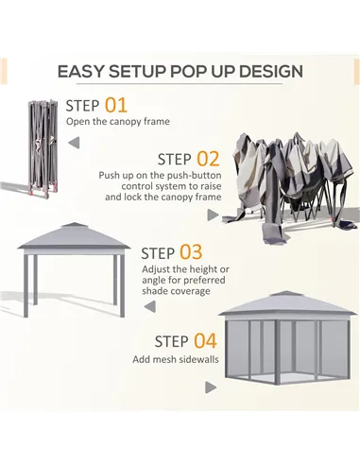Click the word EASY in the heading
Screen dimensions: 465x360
pyautogui.click(x=82, y=72)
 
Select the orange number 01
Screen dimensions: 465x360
pyautogui.click(x=115, y=106)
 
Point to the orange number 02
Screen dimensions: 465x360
pyautogui.click(x=207, y=159)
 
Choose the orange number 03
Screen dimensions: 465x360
pyautogui.click(x=191, y=251)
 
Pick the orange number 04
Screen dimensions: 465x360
pyautogui.click(x=205, y=340)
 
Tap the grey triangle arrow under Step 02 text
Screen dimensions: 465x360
pyautogui.click(x=213, y=215)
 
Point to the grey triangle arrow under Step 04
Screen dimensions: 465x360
pyautogui.click(x=210, y=387)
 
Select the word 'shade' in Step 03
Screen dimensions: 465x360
pyautogui.click(x=159, y=291)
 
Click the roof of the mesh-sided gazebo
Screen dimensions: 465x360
pyautogui.click(x=286, y=304)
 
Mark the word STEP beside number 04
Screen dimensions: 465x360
pyautogui.click(x=171, y=341)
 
